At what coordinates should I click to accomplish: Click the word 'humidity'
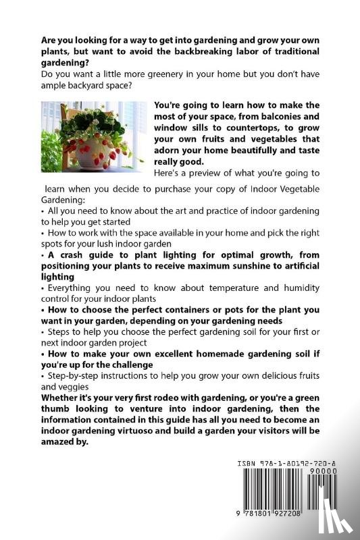pyautogui.click(x=299, y=288)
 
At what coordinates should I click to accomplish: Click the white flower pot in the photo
pyautogui.click(x=95, y=159)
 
